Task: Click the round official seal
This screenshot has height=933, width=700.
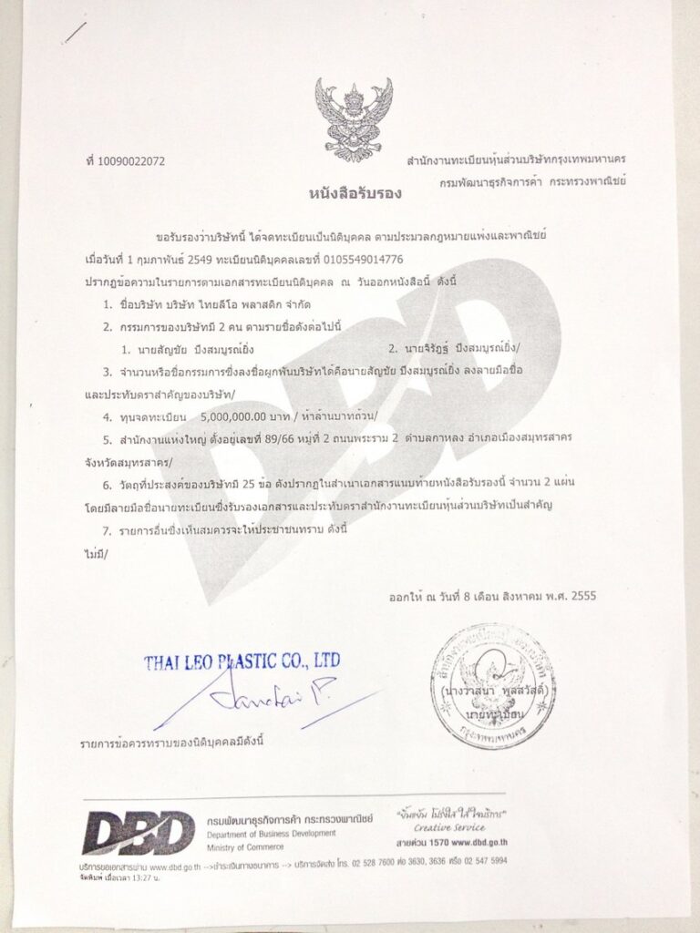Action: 492,686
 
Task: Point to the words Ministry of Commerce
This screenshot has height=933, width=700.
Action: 246,846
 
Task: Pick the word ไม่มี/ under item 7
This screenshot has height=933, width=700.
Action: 90,552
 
